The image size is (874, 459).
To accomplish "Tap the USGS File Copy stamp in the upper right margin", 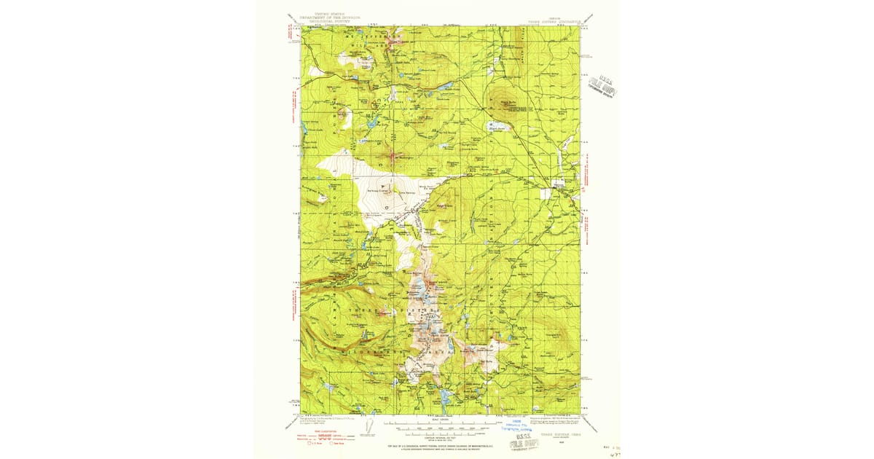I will click(x=604, y=87).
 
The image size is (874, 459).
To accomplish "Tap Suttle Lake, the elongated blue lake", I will click(x=444, y=87).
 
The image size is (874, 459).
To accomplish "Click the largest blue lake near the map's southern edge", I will click(x=442, y=396).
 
